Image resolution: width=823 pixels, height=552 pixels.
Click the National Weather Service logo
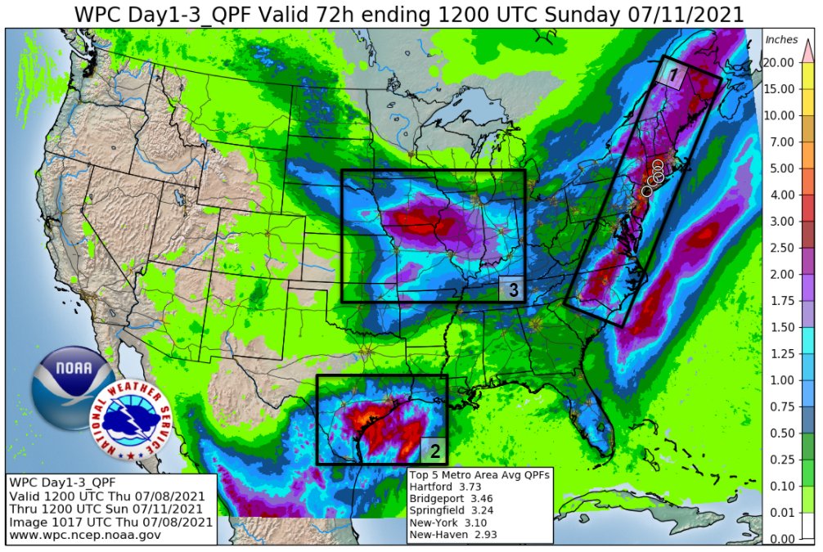pos(131,422)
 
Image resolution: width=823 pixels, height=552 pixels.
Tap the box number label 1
pos(673,75)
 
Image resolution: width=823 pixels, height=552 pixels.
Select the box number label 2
pos(435,450)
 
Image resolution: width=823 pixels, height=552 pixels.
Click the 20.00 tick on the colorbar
pos(780,63)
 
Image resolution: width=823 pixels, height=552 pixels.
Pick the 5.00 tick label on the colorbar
pos(780,168)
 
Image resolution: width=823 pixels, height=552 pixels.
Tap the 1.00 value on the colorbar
pos(780,380)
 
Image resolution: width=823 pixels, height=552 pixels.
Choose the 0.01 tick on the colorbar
pos(780,512)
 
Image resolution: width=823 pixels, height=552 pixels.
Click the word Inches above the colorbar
pos(781,40)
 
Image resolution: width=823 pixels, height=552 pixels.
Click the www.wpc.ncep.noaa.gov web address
pos(85,535)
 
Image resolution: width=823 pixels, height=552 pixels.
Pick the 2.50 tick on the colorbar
pos(780,248)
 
